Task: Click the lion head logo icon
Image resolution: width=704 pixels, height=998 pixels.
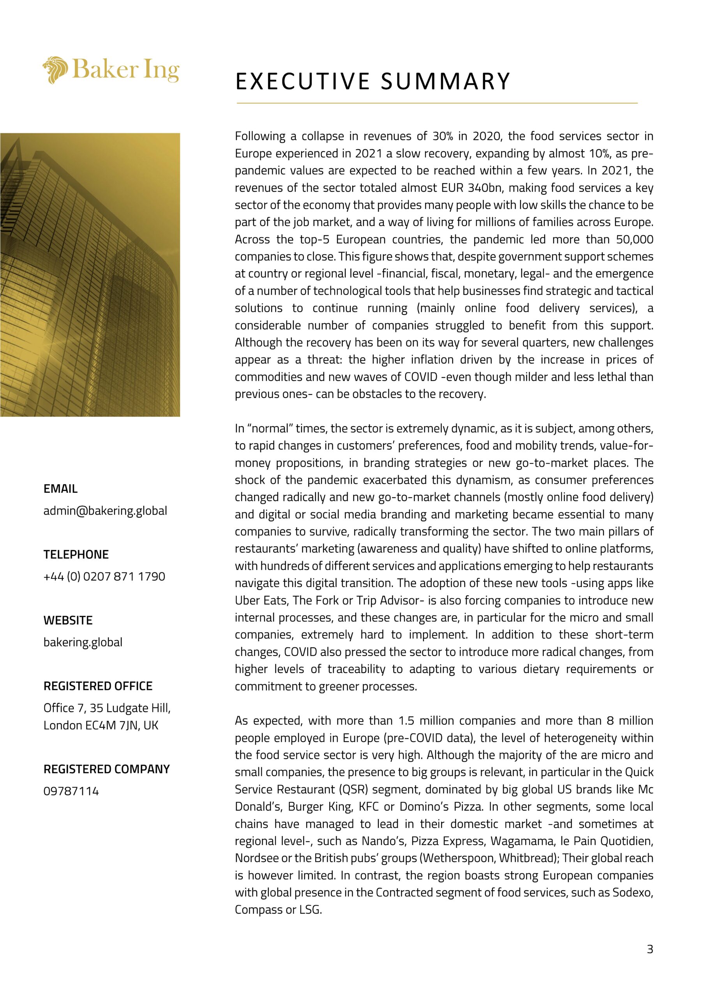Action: (x=55, y=69)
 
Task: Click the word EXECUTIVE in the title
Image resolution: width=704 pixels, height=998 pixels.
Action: (x=303, y=81)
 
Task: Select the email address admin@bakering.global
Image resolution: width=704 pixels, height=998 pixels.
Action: (x=105, y=510)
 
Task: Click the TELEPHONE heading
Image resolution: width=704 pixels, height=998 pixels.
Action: (x=76, y=554)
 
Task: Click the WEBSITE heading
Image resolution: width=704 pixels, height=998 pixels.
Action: (x=68, y=620)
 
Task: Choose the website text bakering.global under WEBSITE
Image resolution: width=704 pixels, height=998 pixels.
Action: (x=83, y=642)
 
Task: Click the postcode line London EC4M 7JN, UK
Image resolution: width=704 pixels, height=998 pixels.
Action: (x=101, y=725)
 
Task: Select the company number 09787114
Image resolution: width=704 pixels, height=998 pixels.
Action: (x=71, y=791)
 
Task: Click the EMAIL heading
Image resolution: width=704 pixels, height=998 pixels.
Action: (x=60, y=488)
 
